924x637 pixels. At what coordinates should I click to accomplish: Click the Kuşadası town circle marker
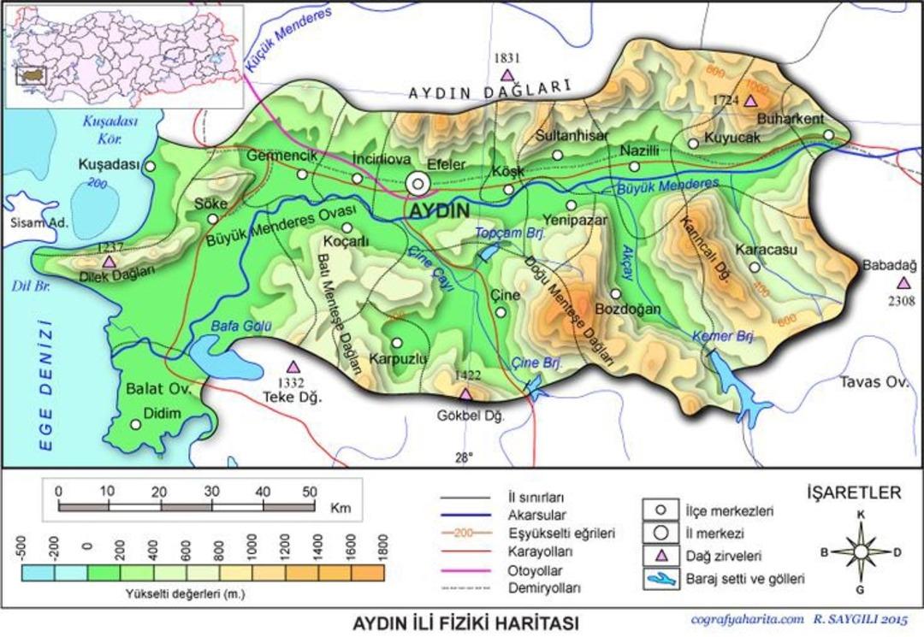coord(151,167)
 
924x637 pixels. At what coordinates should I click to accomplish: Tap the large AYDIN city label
coord(439,210)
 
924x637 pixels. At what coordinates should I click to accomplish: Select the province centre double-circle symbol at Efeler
coord(418,183)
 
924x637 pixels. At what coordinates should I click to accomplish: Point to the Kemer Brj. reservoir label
coord(723,336)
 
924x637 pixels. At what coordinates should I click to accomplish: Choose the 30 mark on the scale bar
coord(211,492)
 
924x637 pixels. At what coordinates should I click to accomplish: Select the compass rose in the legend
coord(860,551)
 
